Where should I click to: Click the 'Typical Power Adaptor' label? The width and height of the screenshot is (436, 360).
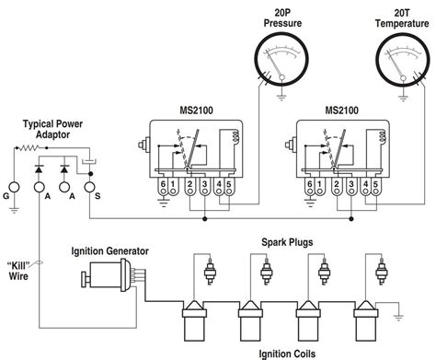click(x=54, y=128)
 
